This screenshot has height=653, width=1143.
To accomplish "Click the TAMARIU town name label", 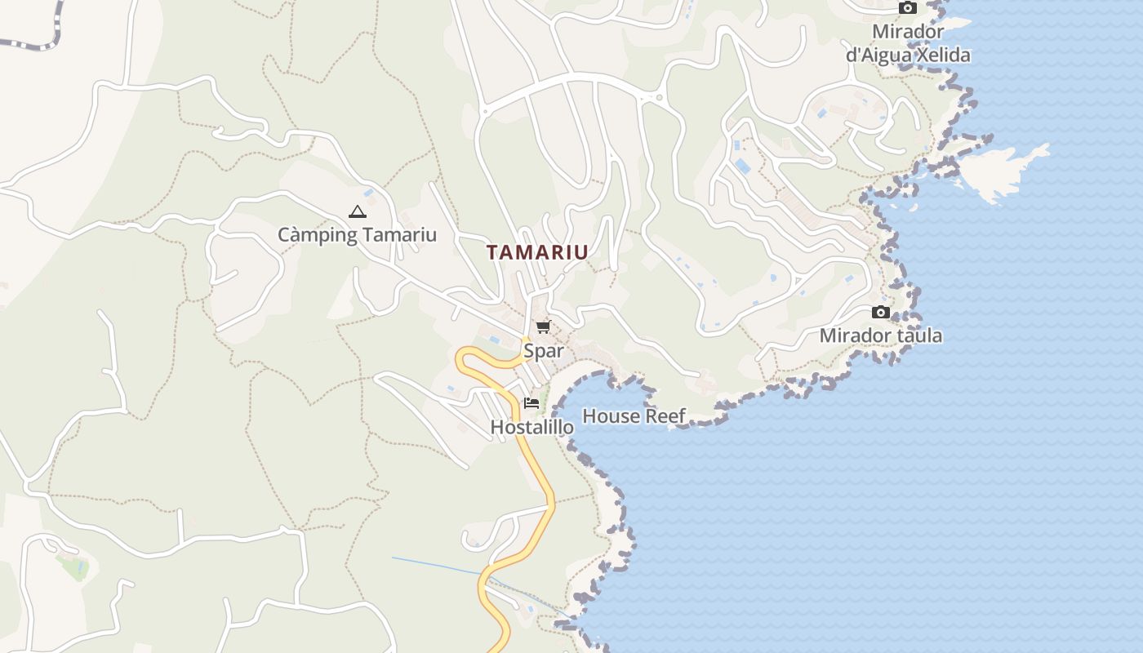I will click(537, 252).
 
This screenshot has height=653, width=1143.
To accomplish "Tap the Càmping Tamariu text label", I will click(357, 235).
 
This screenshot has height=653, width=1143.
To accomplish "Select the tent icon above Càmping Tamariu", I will click(357, 212).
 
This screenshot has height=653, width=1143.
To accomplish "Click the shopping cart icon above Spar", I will click(543, 327).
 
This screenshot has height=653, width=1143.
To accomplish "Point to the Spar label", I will click(544, 351).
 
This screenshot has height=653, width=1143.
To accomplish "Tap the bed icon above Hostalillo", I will click(531, 402).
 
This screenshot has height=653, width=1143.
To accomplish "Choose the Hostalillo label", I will click(531, 426).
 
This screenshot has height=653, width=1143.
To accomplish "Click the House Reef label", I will click(634, 416).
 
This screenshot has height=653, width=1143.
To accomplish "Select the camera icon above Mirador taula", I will click(880, 312).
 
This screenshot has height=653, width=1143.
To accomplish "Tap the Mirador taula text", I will click(880, 335).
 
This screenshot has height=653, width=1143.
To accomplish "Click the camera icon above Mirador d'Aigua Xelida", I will click(907, 7).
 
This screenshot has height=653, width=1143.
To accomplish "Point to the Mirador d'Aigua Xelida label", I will click(908, 43).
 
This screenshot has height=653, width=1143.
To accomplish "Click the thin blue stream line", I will click(441, 566).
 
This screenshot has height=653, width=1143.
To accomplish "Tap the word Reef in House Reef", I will click(665, 416).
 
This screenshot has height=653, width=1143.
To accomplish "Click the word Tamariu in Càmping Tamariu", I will click(399, 235).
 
